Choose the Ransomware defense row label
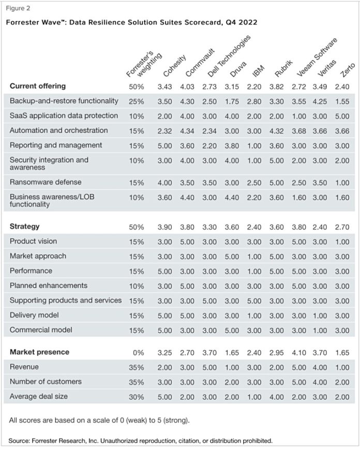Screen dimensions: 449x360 (46, 182)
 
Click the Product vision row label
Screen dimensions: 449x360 (33, 241)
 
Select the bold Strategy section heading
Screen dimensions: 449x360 (24, 226)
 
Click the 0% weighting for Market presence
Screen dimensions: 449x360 (135, 352)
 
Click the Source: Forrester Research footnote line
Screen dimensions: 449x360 (140, 441)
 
